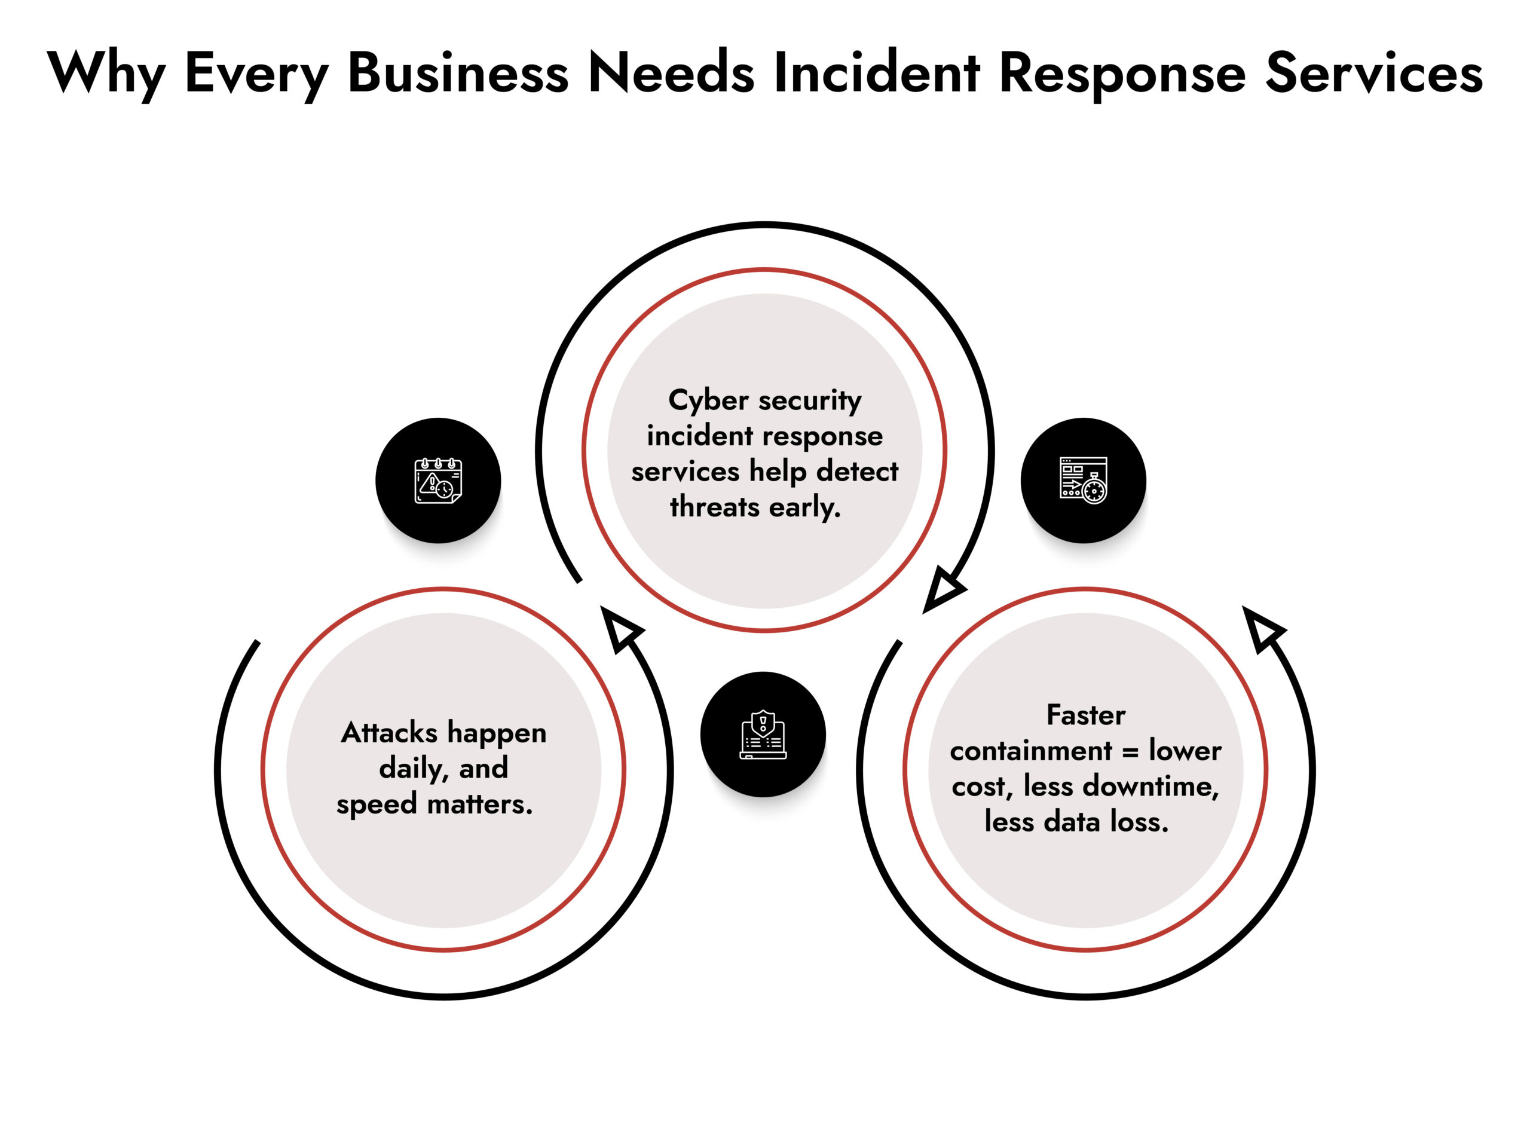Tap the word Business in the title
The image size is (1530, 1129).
458,72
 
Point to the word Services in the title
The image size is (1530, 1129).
1373,72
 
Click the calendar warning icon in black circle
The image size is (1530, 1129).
438,481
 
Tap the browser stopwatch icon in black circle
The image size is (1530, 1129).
1083,481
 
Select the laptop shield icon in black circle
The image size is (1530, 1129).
763,735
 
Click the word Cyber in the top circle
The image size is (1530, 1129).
708,400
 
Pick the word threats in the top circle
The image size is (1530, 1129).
715,507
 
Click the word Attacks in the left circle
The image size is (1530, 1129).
390,733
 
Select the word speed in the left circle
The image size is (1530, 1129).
376,804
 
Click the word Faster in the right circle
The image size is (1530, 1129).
1085,715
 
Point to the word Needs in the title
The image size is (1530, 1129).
671,72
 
